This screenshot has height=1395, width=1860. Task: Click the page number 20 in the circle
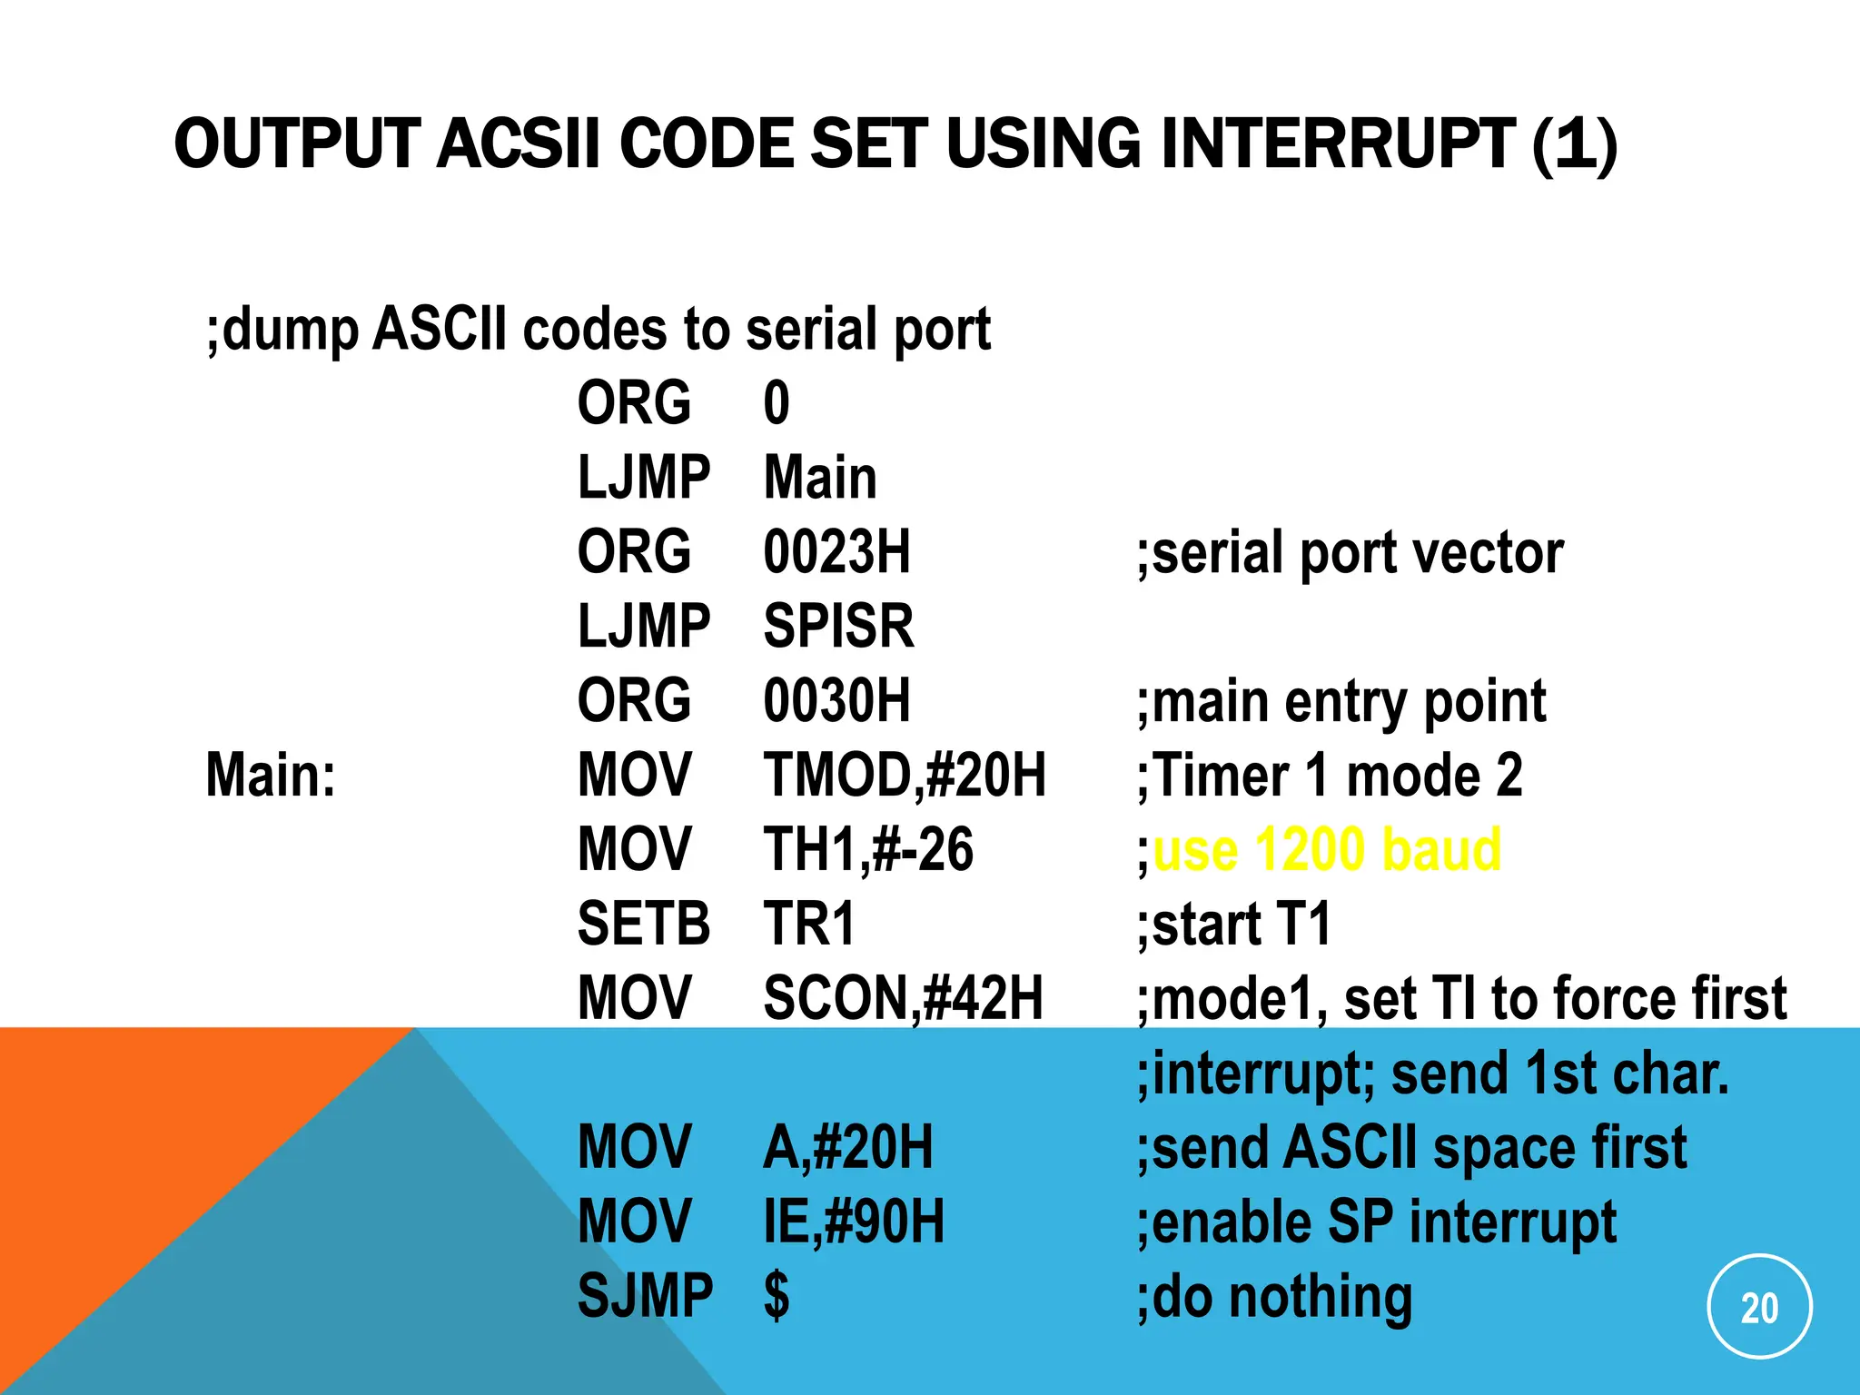[1759, 1308]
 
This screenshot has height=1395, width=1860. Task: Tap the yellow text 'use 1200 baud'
[1326, 850]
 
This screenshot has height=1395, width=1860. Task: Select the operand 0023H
[836, 552]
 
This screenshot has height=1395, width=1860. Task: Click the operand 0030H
[836, 701]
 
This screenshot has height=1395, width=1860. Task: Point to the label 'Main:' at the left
[271, 776]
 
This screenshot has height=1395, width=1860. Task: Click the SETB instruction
[643, 925]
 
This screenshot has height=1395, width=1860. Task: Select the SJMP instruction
[645, 1296]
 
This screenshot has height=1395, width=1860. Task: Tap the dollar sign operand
[777, 1296]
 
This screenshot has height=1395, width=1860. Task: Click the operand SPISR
[838, 627]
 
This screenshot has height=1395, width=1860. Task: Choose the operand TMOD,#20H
[905, 776]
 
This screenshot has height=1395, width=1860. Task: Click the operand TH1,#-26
[867, 850]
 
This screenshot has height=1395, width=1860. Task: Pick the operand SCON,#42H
[903, 999]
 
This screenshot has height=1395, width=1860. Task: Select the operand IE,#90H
[854, 1222]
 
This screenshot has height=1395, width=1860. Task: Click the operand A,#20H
[847, 1147]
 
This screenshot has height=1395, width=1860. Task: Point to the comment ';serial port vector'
[1350, 552]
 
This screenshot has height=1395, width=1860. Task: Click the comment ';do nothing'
[1274, 1296]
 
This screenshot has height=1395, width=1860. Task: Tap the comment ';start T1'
[1233, 925]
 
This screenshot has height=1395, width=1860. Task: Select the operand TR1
[808, 925]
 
